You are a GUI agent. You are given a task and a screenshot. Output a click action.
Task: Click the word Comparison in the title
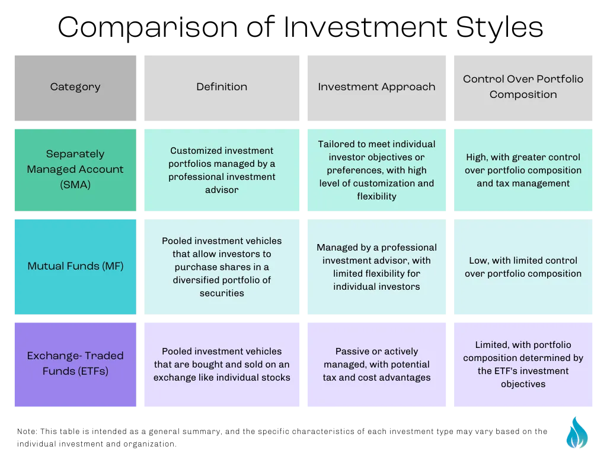148,27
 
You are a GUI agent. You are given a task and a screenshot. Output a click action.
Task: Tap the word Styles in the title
499,27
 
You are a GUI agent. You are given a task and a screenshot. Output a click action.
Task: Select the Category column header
75,88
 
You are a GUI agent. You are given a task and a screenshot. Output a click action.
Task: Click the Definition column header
222,88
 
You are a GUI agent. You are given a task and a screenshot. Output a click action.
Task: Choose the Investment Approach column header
376,88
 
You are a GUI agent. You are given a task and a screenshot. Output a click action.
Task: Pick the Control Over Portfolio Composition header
523,88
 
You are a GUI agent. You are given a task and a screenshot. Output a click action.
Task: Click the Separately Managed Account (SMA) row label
75,170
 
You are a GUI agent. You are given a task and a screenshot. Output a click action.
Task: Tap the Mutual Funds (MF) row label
75,267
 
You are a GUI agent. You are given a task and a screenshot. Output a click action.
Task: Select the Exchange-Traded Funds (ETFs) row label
75,365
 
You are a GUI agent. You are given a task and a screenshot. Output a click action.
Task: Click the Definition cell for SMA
222,170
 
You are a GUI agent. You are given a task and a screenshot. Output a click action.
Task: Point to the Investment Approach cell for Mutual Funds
376,267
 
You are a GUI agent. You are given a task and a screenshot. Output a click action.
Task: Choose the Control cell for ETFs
523,365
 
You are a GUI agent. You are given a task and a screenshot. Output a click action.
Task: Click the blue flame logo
577,433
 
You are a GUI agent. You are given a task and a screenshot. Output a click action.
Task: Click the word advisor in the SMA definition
222,189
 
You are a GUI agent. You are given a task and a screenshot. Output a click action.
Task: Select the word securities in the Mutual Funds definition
222,293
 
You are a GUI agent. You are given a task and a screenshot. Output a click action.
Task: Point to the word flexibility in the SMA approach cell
376,196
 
